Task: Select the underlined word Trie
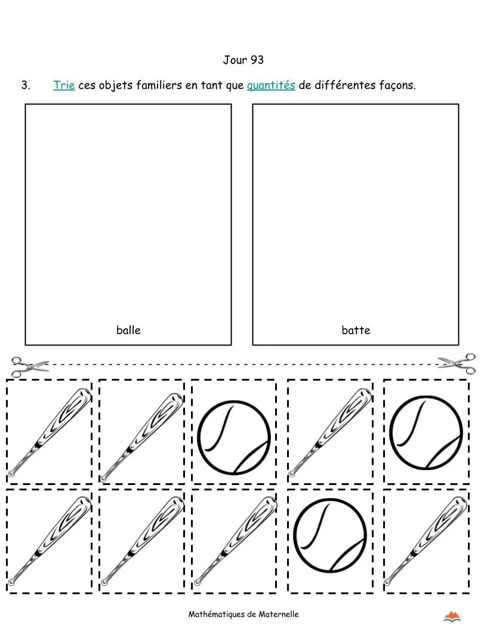pyautogui.click(x=64, y=85)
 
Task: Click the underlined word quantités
pyautogui.click(x=271, y=85)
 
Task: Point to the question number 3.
pyautogui.click(x=26, y=85)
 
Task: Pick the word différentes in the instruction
pyautogui.click(x=344, y=85)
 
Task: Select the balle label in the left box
pyautogui.click(x=128, y=330)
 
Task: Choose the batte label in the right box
pyautogui.click(x=356, y=330)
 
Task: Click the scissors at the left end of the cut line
pyautogui.click(x=29, y=366)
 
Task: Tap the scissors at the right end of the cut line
pyautogui.click(x=457, y=363)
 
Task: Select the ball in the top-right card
pyautogui.click(x=426, y=431)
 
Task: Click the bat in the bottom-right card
pyautogui.click(x=426, y=541)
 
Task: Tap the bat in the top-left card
pyautogui.click(x=50, y=432)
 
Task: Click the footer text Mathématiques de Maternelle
pyautogui.click(x=243, y=614)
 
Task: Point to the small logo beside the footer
pyautogui.click(x=454, y=616)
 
